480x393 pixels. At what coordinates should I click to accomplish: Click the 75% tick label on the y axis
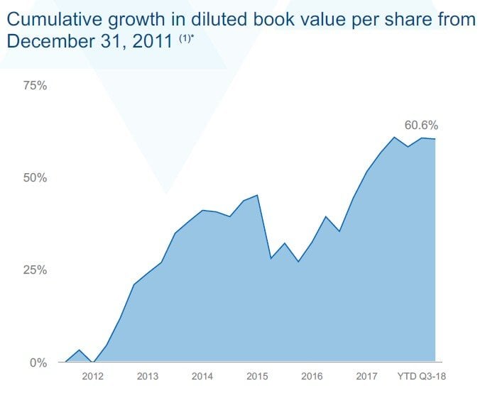point(35,86)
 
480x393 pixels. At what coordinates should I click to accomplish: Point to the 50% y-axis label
point(35,178)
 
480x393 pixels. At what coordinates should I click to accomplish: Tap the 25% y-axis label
point(35,270)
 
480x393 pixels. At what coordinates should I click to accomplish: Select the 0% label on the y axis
point(38,362)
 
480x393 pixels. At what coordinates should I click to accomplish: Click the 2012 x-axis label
point(93,376)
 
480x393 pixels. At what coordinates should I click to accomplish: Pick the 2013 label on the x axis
point(148,376)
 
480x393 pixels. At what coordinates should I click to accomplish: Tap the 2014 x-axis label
point(202,376)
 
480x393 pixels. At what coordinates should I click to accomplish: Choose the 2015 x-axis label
point(257,376)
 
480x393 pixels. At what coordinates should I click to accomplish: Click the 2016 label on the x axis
point(312,376)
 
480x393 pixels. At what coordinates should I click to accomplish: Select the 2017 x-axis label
point(366,376)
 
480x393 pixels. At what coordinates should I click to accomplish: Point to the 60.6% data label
point(420,125)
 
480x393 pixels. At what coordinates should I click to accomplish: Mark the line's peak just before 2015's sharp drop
point(257,195)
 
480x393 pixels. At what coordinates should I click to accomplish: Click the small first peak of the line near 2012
point(79,350)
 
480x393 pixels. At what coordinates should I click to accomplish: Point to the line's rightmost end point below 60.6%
point(435,139)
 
